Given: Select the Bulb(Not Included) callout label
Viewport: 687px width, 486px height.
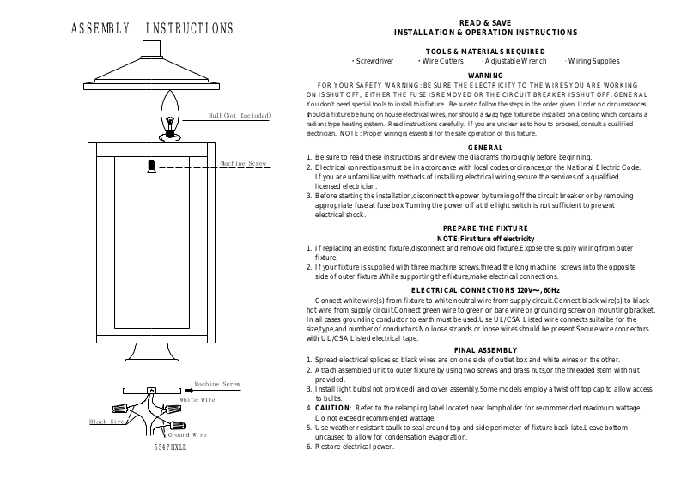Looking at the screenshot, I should (240, 115).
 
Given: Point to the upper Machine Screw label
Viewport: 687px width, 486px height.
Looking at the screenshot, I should (245, 162).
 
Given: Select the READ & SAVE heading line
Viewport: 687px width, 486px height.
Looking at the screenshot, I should (484, 22).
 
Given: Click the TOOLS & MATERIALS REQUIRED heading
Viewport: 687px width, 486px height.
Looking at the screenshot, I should (484, 52).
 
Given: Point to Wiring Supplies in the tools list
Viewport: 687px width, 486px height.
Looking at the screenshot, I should (594, 62).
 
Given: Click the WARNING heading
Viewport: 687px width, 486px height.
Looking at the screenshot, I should (484, 76).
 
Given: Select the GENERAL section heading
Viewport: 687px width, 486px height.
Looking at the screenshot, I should (484, 149).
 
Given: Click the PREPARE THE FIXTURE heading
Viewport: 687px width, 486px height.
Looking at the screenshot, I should (484, 228).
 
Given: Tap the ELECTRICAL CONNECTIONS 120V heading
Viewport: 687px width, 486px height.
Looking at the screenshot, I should (484, 290).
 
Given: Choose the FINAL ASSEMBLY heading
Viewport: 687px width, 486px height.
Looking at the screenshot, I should (484, 349).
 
